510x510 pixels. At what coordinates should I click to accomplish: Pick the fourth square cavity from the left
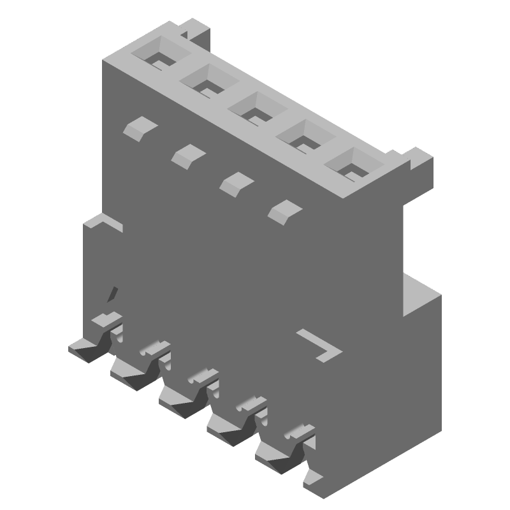click(x=304, y=136)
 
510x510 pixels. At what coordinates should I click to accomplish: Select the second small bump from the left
click(x=187, y=155)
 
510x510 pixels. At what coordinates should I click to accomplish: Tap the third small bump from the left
click(x=235, y=182)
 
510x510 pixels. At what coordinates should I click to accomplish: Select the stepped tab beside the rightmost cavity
click(x=417, y=159)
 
